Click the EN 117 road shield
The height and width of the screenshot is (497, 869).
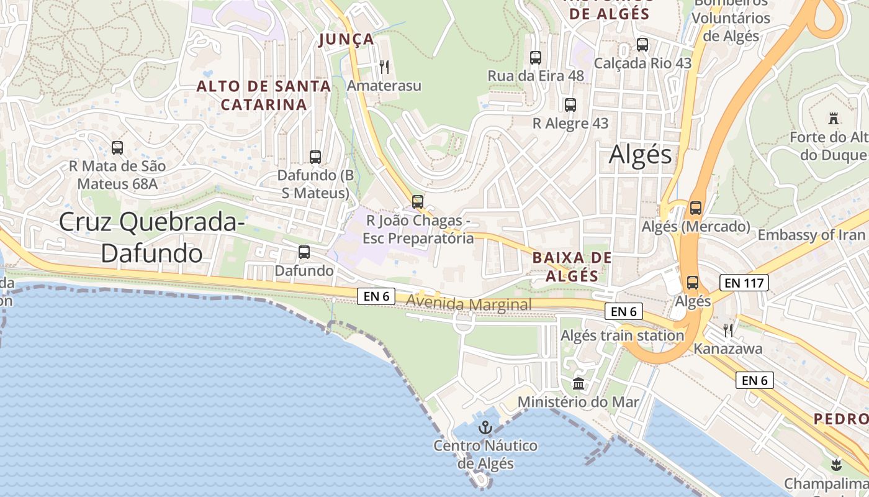(744, 283)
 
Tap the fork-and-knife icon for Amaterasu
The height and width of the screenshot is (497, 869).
(384, 66)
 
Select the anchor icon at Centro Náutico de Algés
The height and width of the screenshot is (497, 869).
(485, 427)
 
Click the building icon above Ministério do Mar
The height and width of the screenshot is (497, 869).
(579, 383)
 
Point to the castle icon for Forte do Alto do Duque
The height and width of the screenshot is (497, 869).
(833, 118)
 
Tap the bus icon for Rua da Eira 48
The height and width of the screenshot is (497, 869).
(536, 58)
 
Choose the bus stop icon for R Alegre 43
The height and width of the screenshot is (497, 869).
(570, 105)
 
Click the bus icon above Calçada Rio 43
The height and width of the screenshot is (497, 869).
(642, 45)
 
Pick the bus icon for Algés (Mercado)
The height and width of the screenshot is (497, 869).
(696, 208)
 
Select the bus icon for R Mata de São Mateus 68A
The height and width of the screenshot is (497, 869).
(117, 148)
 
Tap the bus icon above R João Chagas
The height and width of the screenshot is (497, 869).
(418, 202)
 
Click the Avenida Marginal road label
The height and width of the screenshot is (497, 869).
(469, 304)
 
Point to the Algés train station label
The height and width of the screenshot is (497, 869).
(622, 335)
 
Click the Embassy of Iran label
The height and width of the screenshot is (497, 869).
(811, 235)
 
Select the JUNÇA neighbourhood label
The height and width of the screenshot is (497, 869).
(346, 40)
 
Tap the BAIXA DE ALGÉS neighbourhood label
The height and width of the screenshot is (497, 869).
(572, 267)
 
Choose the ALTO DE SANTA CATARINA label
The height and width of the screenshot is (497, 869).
(264, 95)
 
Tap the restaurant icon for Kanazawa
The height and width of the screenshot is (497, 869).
(728, 330)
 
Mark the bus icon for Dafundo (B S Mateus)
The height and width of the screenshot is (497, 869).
(315, 157)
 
